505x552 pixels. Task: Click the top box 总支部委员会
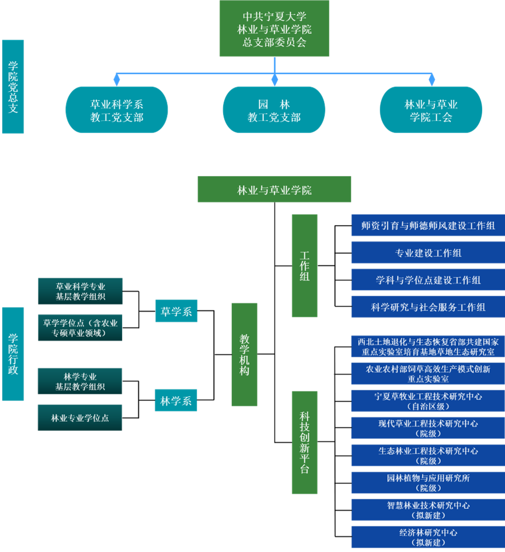274,29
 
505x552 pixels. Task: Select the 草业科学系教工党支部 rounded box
117,110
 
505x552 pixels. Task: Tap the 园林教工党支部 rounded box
274,110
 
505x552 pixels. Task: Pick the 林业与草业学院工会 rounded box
431,110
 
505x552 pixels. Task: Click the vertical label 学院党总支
13,86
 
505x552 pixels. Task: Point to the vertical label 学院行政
13,354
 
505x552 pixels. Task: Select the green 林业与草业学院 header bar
274,190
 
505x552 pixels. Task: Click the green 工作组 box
305,265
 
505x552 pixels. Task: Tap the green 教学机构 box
244,354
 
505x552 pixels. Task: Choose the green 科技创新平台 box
305,442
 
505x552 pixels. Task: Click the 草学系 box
176,311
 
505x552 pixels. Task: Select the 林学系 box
176,400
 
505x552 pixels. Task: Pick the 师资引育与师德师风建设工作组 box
428,225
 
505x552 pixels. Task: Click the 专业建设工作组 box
428,253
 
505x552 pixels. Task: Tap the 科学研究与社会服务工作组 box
428,307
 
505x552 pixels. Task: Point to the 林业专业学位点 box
80,418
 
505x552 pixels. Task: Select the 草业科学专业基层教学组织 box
81,291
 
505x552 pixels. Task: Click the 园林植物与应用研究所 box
428,483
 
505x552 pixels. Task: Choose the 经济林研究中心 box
428,537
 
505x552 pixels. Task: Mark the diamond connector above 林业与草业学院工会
431,79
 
